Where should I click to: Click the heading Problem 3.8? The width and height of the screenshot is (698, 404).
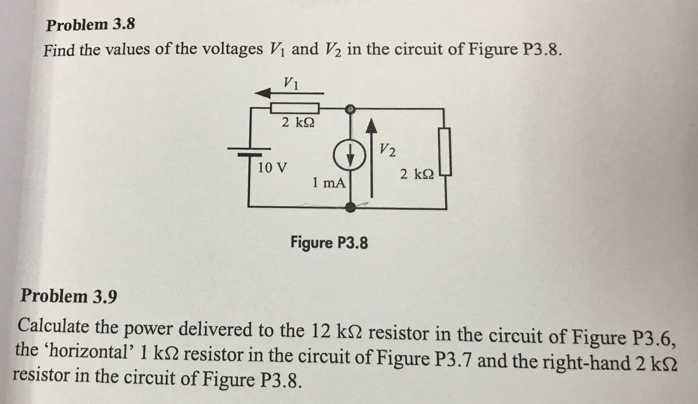(x=90, y=25)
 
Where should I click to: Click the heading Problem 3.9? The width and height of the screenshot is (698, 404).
(x=69, y=296)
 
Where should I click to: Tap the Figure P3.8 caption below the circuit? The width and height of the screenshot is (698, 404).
(x=329, y=242)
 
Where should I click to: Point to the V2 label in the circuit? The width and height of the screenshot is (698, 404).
(x=387, y=150)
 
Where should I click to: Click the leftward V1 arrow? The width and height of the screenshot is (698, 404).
(x=288, y=94)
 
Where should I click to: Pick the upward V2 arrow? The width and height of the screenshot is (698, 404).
(x=372, y=158)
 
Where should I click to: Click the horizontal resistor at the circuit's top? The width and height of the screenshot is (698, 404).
(x=295, y=109)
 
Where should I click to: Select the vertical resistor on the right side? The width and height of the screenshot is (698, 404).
(x=446, y=151)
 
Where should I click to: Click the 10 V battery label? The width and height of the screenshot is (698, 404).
(x=272, y=168)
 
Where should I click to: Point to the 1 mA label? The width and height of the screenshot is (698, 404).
(x=329, y=183)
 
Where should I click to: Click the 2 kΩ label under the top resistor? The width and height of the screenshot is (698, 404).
(x=298, y=122)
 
